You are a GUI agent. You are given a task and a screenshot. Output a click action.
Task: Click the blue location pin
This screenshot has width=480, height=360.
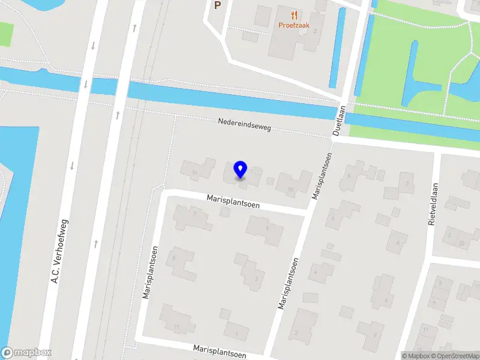[240, 170]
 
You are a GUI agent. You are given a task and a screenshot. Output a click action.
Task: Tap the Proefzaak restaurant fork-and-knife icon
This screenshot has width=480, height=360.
[293, 15]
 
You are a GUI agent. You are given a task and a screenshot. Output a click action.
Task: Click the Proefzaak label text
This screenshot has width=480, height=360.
[293, 25]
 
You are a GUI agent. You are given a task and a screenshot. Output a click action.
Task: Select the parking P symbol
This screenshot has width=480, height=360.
[217, 5]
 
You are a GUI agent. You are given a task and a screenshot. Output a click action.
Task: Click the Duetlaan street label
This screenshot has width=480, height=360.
[340, 121]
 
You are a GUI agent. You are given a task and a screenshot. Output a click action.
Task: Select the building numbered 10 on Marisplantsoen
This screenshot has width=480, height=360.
[291, 188]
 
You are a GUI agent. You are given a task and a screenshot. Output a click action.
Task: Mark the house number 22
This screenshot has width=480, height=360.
[461, 242]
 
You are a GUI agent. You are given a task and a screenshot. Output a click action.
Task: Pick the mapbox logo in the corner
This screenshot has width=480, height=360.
[26, 353]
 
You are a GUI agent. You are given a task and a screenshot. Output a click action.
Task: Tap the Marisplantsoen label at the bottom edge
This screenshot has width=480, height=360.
[220, 350]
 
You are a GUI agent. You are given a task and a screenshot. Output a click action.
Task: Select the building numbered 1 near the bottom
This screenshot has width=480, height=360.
[237, 332]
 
